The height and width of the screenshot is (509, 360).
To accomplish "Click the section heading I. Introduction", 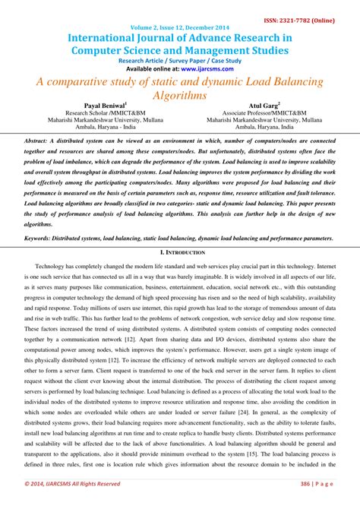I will pyautogui.click(x=179, y=251).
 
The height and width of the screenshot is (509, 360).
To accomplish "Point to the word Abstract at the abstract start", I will pyautogui.click(x=38, y=141).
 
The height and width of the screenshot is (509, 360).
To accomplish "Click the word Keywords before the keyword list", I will pyautogui.click(x=41, y=237).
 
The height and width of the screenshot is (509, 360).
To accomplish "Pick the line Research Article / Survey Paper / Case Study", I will pyautogui.click(x=180, y=58).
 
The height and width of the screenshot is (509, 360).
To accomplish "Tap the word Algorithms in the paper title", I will pyautogui.click(x=180, y=94).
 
